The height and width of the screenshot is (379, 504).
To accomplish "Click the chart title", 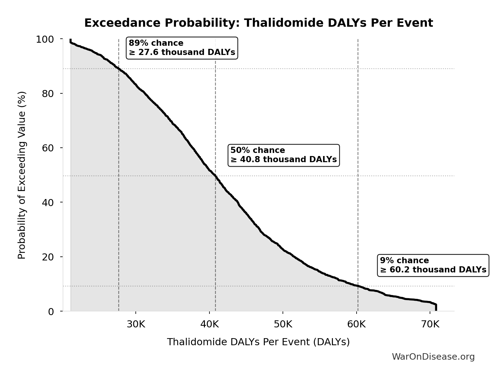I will [x=259, y=23].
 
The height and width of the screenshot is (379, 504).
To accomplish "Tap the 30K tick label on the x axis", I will [x=136, y=324].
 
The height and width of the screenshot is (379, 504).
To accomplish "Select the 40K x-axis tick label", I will [x=209, y=324].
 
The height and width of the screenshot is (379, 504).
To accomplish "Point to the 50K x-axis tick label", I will [x=283, y=324].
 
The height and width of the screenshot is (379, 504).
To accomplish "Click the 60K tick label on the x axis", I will [x=357, y=324].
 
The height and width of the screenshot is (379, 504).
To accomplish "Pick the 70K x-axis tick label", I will [x=430, y=324].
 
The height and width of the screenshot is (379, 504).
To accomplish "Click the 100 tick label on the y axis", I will [x=45, y=39].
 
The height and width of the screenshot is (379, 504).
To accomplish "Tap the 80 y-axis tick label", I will [x=48, y=94].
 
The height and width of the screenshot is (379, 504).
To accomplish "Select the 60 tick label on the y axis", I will [x=48, y=148].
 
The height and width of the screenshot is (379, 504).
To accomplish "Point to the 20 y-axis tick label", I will [x=48, y=257].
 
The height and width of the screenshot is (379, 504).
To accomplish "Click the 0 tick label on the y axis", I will [x=51, y=311].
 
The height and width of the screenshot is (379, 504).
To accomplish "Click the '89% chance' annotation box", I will [x=182, y=48].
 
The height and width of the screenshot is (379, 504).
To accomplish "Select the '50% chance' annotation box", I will [x=283, y=155].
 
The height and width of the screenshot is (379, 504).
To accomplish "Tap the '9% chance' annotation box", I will [x=433, y=265].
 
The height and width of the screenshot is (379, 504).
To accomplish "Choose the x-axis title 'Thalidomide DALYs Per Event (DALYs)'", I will [x=258, y=342].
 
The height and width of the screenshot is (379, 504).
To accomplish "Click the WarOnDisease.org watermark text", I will [x=433, y=357].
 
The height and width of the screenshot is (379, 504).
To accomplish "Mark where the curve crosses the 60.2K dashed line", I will [x=358, y=286].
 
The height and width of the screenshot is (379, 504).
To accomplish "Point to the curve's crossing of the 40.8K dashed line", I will [x=215, y=176].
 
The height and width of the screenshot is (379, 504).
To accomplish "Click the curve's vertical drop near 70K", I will [x=436, y=307].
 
